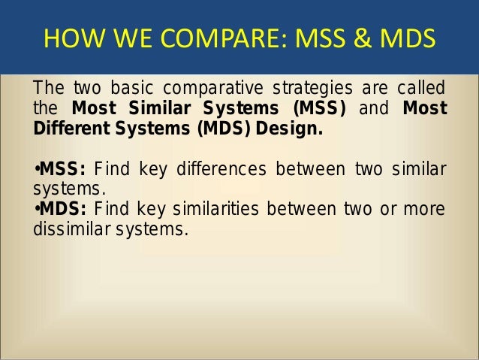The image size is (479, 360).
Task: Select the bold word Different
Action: (67, 128)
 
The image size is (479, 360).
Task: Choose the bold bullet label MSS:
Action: (62, 168)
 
